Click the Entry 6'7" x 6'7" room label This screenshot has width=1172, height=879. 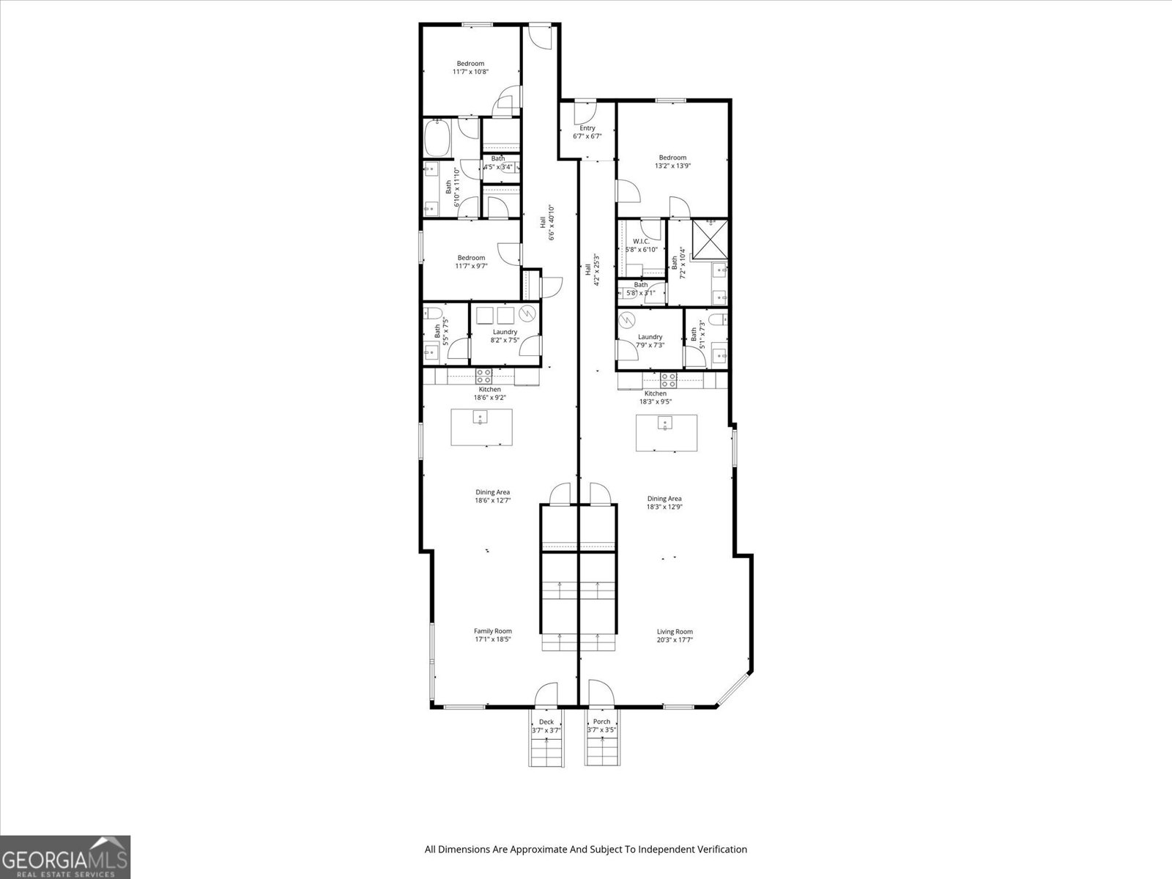click(x=587, y=132)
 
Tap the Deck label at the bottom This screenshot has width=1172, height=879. click(x=546, y=725)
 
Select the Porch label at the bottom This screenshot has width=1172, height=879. click(x=601, y=725)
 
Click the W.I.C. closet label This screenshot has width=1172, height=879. click(x=641, y=245)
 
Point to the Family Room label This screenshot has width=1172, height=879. click(x=492, y=635)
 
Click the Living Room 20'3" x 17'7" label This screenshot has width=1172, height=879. click(x=675, y=636)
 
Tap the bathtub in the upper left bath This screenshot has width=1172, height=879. click(x=439, y=138)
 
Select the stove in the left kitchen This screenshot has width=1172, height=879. click(x=484, y=377)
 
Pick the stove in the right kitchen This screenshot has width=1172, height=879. click(x=668, y=379)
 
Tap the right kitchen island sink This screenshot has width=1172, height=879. click(x=665, y=423)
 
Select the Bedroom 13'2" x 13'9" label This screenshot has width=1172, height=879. click(x=672, y=161)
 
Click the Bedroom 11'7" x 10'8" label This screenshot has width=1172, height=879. click(x=470, y=67)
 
